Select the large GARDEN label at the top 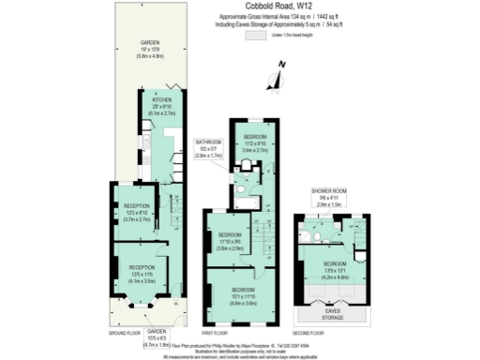click(150, 43)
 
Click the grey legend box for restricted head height click(254, 36)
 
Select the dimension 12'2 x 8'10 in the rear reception click(137, 213)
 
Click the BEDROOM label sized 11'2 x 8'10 click(255, 137)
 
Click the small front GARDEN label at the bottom click(156, 332)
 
